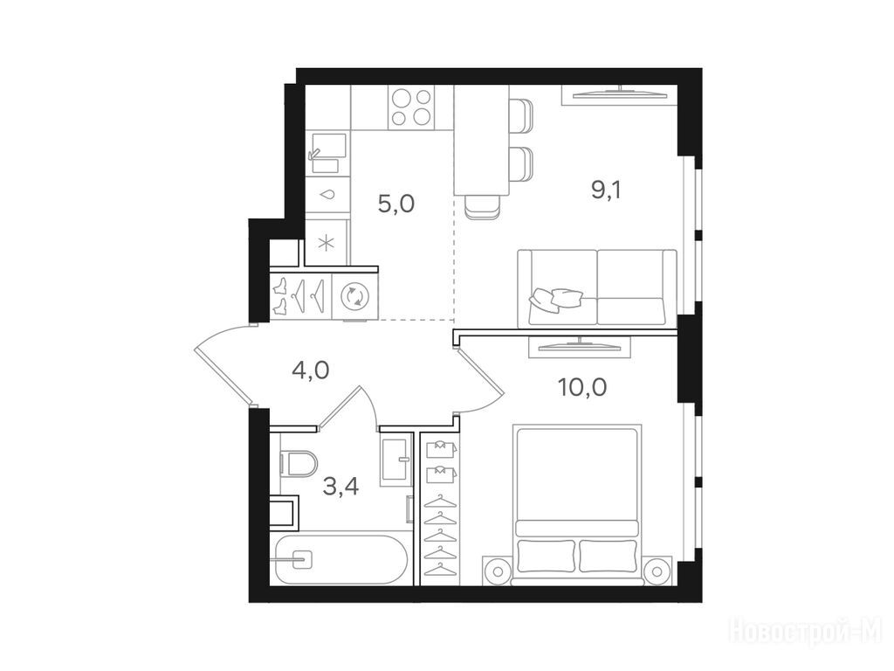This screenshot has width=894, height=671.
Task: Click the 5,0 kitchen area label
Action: [x=396, y=203]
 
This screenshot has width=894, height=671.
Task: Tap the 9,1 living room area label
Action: [x=606, y=190]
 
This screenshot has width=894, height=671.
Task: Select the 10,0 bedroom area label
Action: [x=582, y=387]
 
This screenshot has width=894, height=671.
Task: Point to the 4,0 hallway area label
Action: [x=310, y=370]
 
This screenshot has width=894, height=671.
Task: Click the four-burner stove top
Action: [x=410, y=107]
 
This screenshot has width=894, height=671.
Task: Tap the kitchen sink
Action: [x=327, y=153]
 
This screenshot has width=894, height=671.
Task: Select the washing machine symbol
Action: [x=354, y=296]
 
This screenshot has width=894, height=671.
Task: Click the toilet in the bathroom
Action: [x=299, y=463]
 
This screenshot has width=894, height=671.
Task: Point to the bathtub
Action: [x=340, y=559]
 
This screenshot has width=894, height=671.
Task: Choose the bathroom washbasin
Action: [x=395, y=461]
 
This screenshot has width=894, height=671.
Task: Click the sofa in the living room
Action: [x=597, y=288]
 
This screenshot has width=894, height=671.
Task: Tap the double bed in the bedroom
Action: [x=577, y=505]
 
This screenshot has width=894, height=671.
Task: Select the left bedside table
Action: [x=497, y=570]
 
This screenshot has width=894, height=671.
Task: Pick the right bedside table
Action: [x=657, y=570]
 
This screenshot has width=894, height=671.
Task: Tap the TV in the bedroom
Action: [x=581, y=346]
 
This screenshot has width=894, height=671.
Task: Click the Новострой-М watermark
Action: [x=806, y=633]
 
